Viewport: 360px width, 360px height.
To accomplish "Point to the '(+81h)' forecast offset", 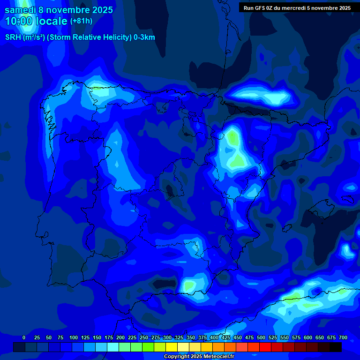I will tap(82, 21).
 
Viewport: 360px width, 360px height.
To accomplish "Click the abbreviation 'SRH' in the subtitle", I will tap(13, 37).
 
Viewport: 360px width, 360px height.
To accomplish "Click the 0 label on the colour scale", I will tap(24, 337).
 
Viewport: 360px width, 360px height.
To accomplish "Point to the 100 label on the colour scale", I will tap(74, 337).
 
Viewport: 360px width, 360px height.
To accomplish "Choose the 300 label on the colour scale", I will tap(167, 337).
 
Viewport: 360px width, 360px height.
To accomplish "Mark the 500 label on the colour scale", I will tap(261, 337).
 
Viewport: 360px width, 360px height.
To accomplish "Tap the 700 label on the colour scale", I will tap(343, 337).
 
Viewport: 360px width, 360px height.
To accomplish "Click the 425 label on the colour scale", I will tap(226, 337).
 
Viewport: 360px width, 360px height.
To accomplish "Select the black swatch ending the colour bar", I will tap(336, 347).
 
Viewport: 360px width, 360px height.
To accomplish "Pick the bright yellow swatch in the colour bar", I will tap(172, 347).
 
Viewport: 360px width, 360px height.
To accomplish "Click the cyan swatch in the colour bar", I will tap(113, 347).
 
